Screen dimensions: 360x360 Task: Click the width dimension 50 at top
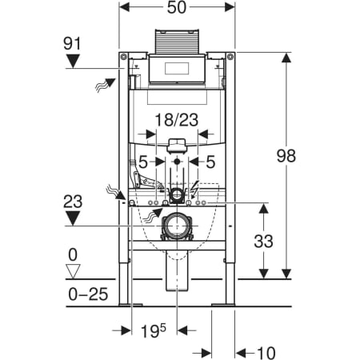[x=177, y=8]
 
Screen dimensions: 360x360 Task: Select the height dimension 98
[x=286, y=156]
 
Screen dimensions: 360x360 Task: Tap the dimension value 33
[x=263, y=242]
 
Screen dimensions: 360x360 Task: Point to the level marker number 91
[x=72, y=43]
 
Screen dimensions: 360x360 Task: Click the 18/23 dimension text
[x=177, y=120]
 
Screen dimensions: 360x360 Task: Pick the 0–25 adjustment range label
[x=88, y=294]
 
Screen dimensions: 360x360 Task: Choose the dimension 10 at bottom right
[x=266, y=353]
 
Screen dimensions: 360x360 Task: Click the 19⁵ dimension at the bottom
[x=153, y=331]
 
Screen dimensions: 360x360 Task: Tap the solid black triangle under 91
[x=73, y=61]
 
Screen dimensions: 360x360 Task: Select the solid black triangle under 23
[x=73, y=218]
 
